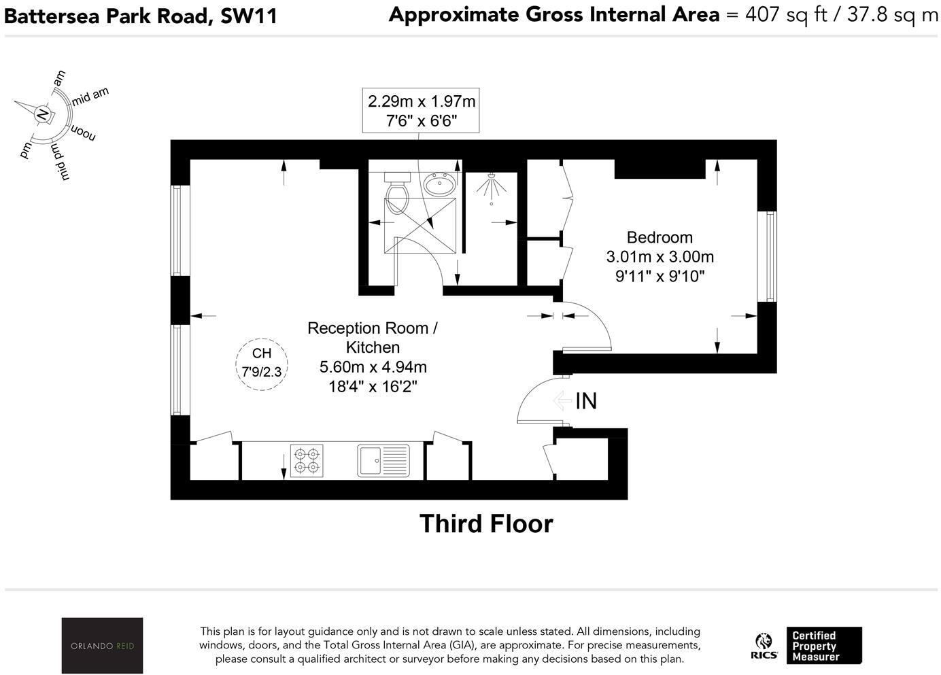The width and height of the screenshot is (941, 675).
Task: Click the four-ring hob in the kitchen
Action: pyautogui.click(x=307, y=460)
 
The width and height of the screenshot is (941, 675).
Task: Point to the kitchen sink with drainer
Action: pyautogui.click(x=383, y=460)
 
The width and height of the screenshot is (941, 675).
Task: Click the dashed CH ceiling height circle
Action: pyautogui.click(x=262, y=363)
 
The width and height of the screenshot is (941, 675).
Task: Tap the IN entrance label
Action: pyautogui.click(x=585, y=401)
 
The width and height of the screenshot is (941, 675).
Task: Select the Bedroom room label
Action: pyautogui.click(x=660, y=237)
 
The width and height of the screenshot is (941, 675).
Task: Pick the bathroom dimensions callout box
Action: pyautogui.click(x=421, y=111)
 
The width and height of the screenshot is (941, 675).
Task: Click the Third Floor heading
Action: pyautogui.click(x=486, y=523)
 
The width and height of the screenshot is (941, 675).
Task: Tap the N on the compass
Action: pyautogui.click(x=43, y=114)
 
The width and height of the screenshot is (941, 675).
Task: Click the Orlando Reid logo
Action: pyautogui.click(x=102, y=645)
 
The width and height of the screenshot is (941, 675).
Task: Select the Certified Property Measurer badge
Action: pyautogui.click(x=823, y=646)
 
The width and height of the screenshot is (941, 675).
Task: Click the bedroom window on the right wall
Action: pyautogui.click(x=769, y=256)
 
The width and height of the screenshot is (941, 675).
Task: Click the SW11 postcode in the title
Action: pyautogui.click(x=249, y=16)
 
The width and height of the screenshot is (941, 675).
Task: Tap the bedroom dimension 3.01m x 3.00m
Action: pyautogui.click(x=660, y=257)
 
